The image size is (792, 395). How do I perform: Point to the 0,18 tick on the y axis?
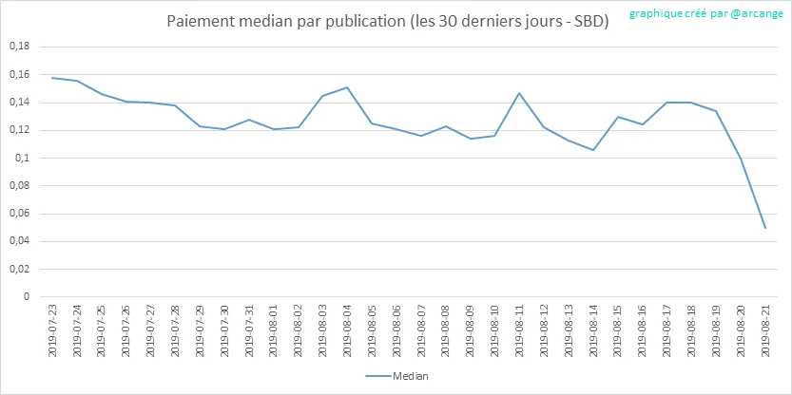(x=18, y=47)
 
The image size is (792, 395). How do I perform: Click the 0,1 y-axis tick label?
(x=23, y=158)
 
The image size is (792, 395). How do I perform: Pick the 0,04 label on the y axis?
(x=18, y=241)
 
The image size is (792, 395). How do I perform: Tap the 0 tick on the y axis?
(x=27, y=296)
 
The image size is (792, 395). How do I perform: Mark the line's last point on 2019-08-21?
(x=764, y=228)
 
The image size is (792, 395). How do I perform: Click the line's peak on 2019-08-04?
(x=346, y=87)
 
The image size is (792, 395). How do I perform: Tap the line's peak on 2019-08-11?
(x=519, y=93)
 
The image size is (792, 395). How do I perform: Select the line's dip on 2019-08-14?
(x=592, y=150)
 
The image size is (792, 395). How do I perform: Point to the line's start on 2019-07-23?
(x=51, y=78)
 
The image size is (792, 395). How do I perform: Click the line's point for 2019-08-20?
(x=740, y=158)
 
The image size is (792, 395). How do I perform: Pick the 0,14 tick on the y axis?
(x=18, y=103)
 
